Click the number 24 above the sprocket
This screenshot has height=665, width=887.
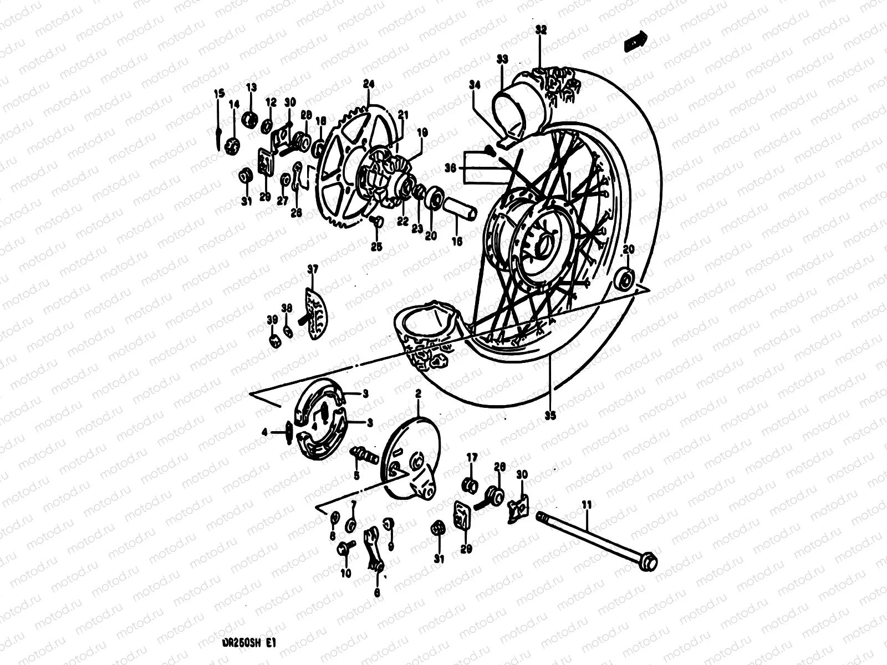[369, 84]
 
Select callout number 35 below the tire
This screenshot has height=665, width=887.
[550, 413]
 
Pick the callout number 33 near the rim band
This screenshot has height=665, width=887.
[502, 59]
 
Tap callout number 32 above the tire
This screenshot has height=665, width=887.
[541, 30]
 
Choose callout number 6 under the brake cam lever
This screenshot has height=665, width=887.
[378, 592]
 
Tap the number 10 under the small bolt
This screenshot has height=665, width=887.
[346, 574]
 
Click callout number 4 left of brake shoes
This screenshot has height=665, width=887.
[265, 432]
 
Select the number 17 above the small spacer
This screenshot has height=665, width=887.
[471, 458]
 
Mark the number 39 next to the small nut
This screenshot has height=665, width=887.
[272, 320]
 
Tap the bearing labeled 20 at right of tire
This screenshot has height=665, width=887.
[625, 278]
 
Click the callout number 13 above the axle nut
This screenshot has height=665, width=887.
[252, 88]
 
